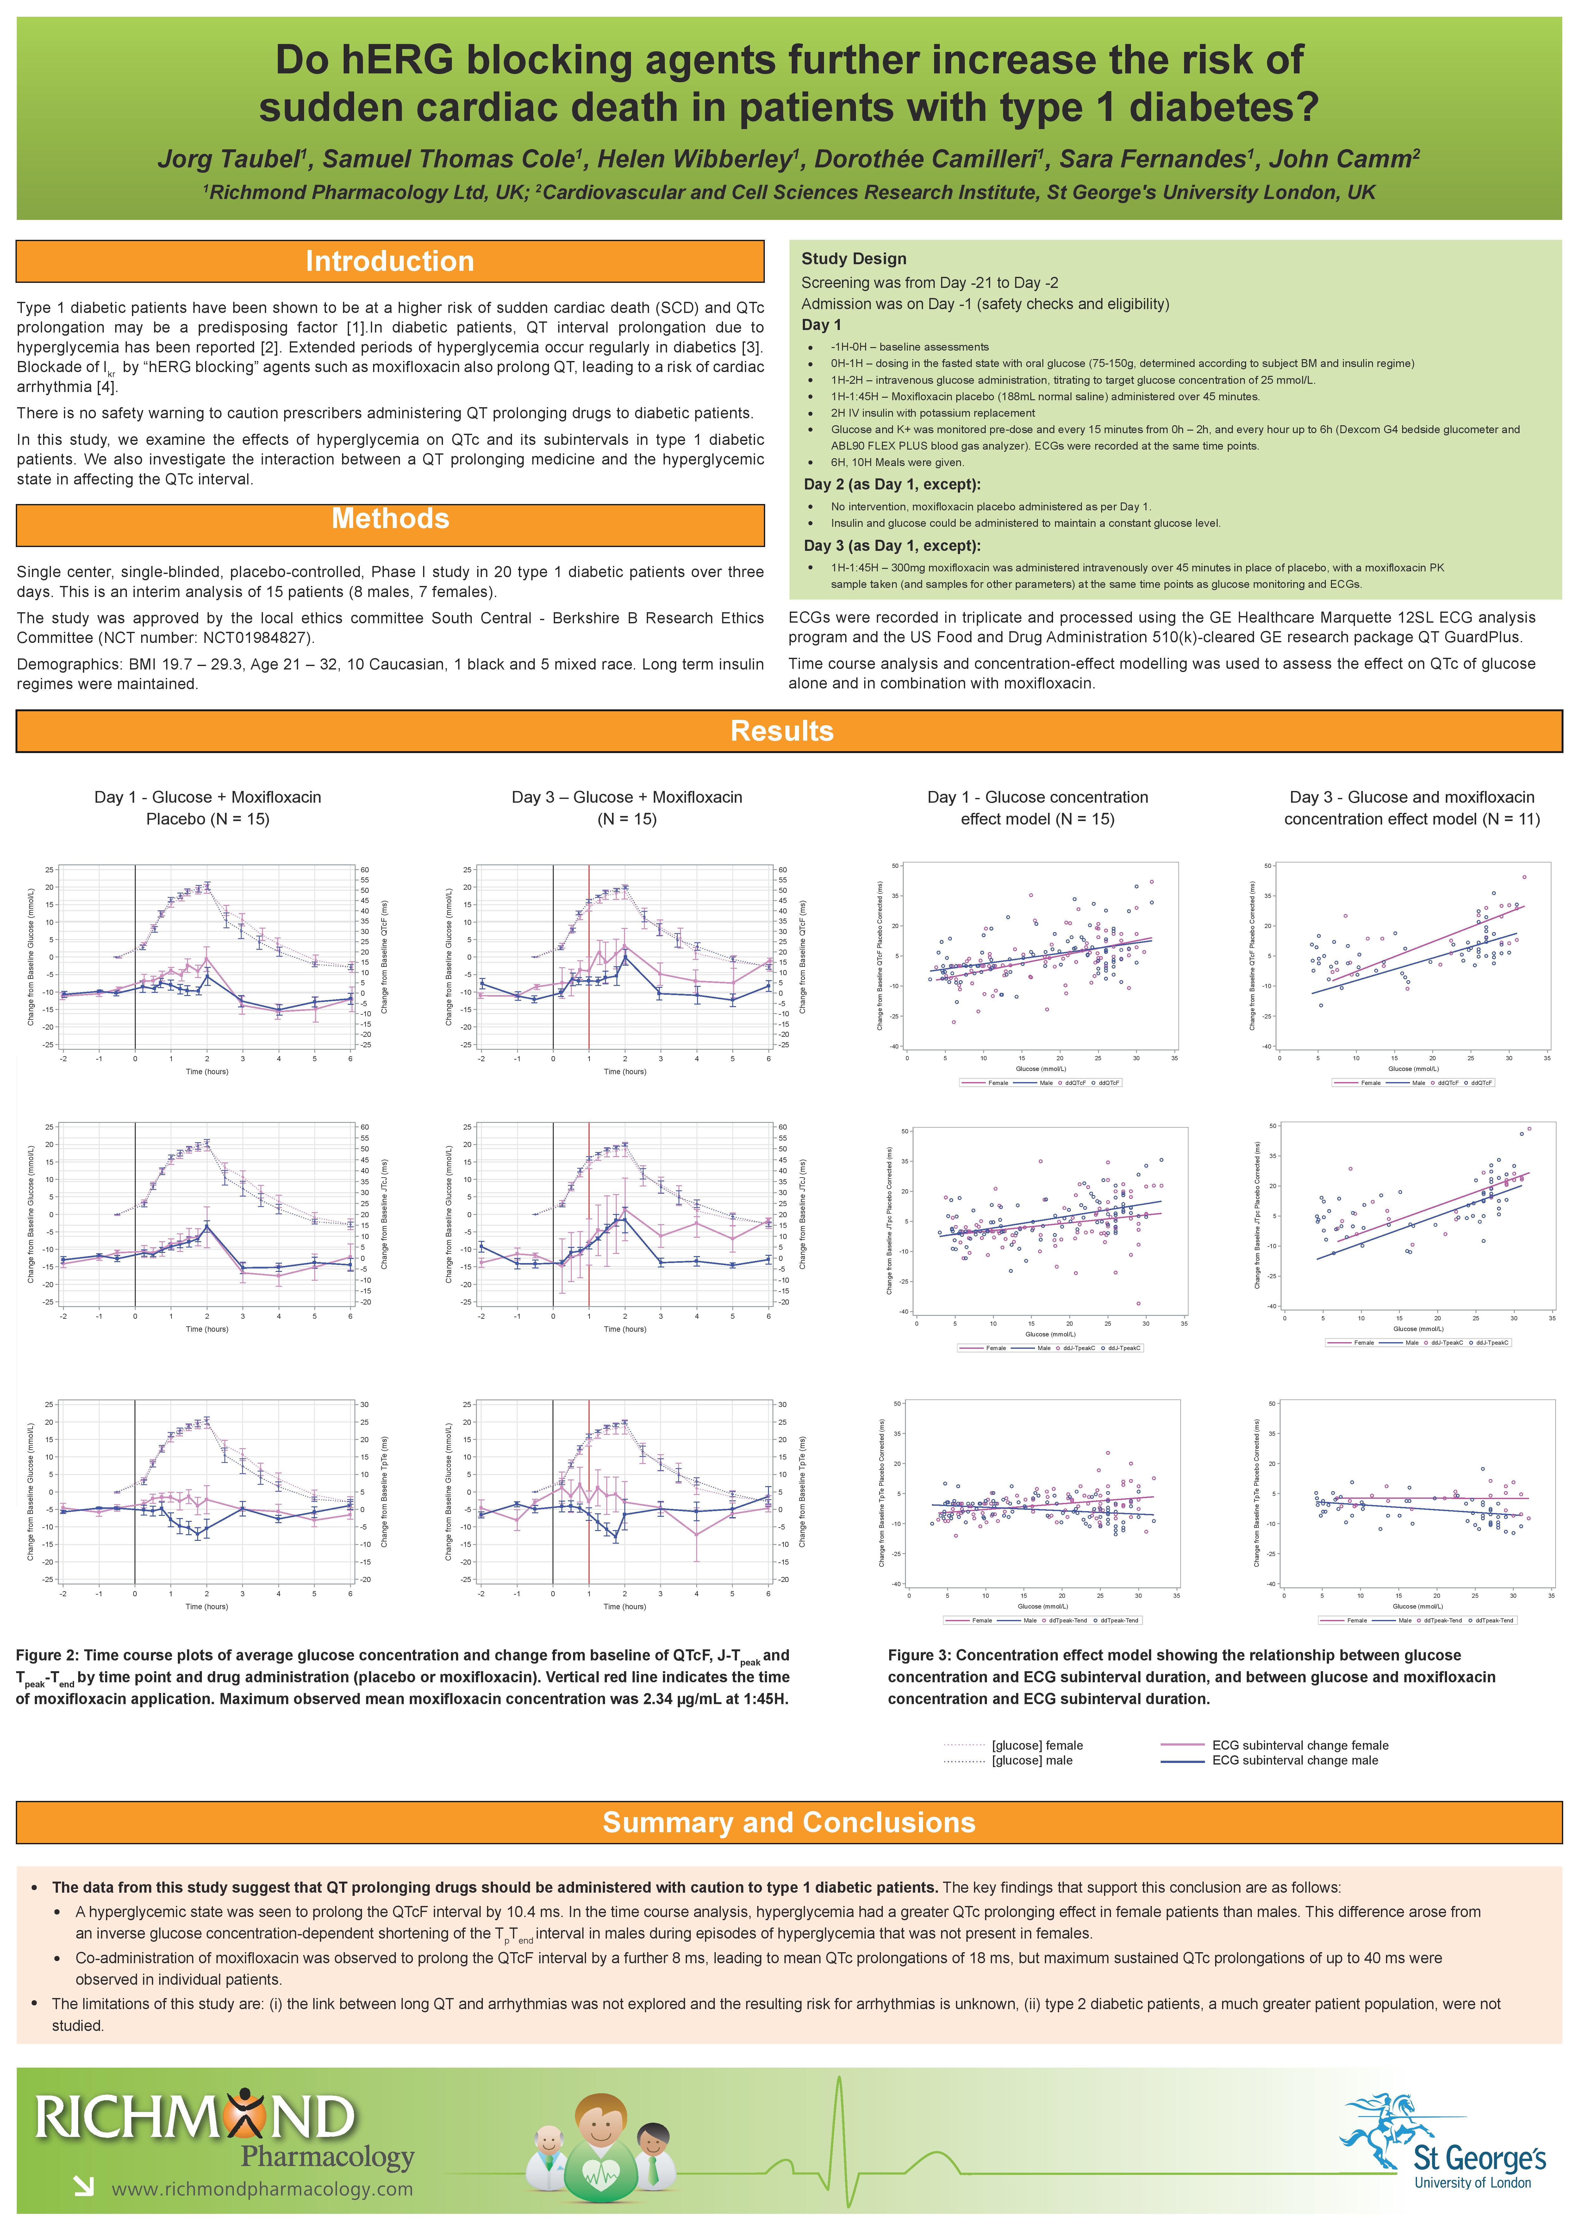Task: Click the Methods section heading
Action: [390, 519]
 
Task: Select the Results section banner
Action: [782, 731]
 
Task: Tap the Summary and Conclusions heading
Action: [789, 1822]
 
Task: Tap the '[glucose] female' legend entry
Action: [1036, 1745]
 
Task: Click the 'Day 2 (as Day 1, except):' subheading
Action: [892, 484]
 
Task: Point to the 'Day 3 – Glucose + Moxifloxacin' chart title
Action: [626, 797]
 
